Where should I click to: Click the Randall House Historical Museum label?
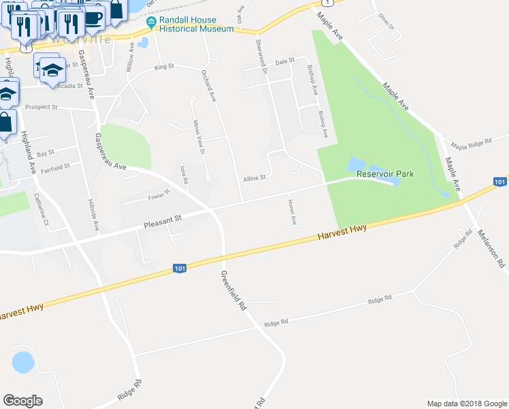(x=197, y=24)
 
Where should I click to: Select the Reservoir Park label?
(x=385, y=175)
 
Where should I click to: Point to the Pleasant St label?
(x=164, y=219)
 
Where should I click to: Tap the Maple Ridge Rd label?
(x=470, y=144)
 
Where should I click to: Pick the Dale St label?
(x=283, y=61)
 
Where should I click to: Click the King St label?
(x=164, y=67)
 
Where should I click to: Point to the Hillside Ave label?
(x=95, y=215)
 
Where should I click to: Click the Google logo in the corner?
(x=22, y=401)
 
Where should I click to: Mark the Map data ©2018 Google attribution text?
(x=466, y=404)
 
